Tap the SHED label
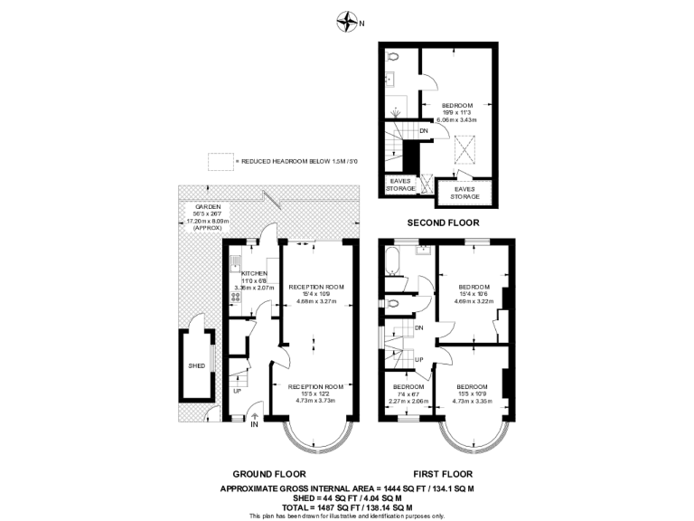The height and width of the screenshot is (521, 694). click(196, 366)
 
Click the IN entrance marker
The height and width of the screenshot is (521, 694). click(255, 423)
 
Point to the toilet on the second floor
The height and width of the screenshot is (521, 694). click(392, 57)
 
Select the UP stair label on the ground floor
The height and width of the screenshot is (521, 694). click(237, 392)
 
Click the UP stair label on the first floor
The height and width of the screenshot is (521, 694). click(418, 359)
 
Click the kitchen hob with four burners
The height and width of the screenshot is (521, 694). click(235, 294)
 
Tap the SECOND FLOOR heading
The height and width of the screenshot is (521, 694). click(443, 222)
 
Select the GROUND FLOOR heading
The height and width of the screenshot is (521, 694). click(269, 474)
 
